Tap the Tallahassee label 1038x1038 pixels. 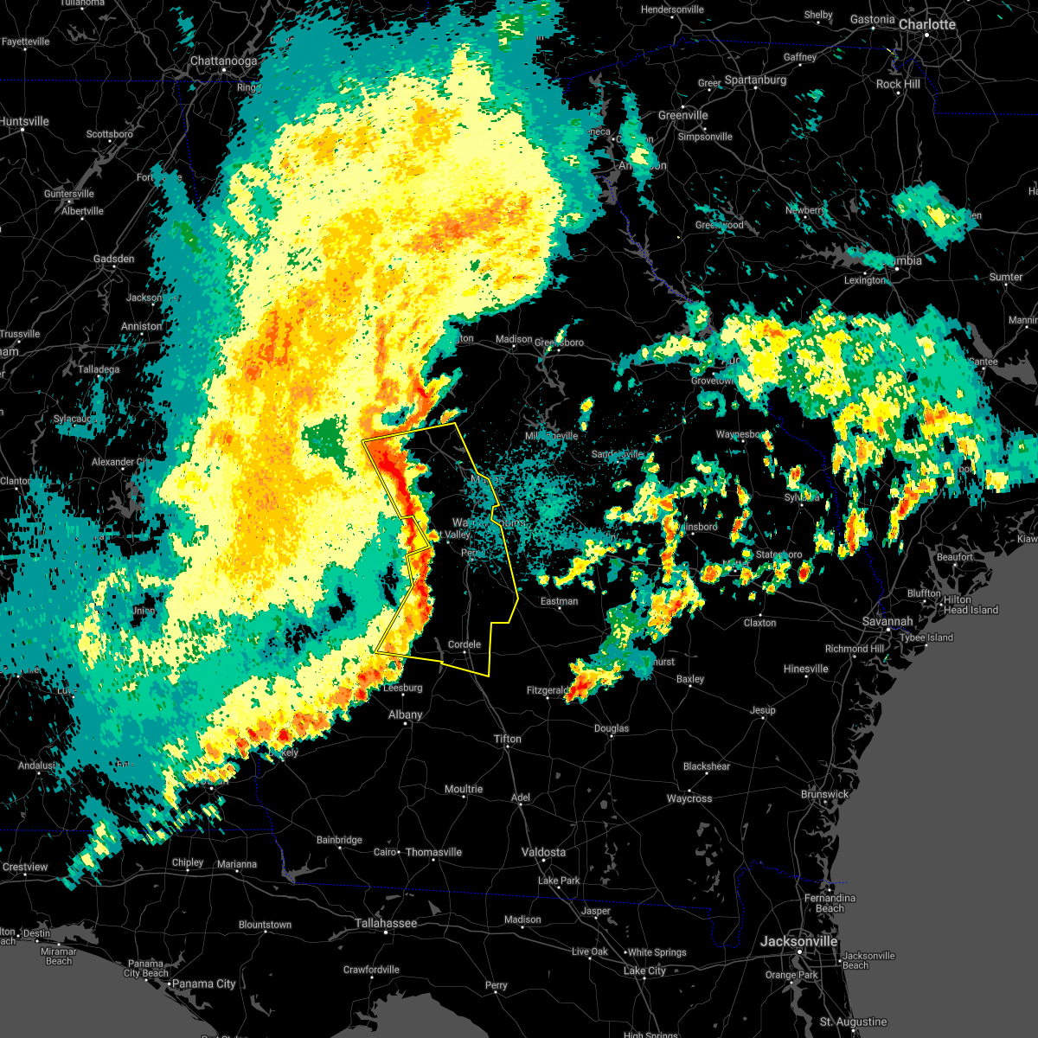point(386,924)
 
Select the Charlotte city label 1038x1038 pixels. point(926,24)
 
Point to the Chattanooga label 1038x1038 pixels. point(223,61)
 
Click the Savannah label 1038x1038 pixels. point(887,622)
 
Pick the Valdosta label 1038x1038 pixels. point(543,852)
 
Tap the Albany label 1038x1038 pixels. point(405,714)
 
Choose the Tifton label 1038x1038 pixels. point(508,739)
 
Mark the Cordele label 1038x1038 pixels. point(464,644)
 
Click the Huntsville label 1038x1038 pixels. point(24,122)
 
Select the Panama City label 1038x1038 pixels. point(203,984)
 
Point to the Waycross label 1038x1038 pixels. point(689,798)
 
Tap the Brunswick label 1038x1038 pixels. point(824,794)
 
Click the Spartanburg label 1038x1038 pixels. point(755,80)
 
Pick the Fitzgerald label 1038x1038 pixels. point(548,690)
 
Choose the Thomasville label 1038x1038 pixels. point(433,852)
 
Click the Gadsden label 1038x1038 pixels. point(113,259)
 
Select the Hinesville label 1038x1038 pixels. point(805,669)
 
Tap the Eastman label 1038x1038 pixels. point(559,601)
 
